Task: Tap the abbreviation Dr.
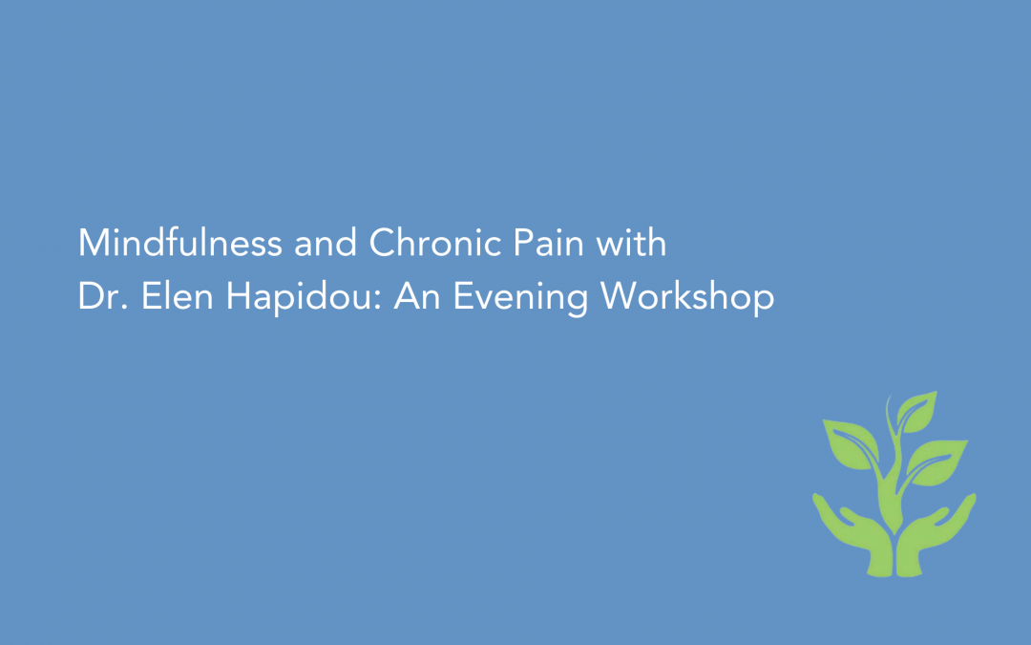98,297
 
